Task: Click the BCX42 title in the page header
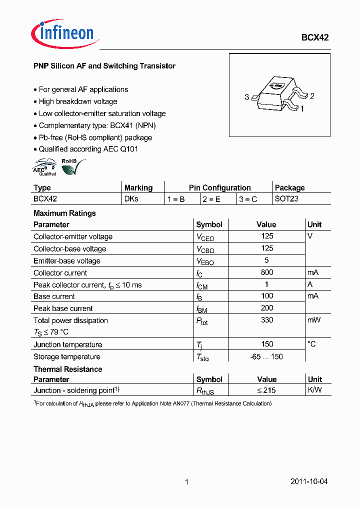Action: point(314,37)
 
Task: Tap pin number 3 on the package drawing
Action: point(246,97)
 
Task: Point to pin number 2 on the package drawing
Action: point(312,96)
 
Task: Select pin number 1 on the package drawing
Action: point(302,107)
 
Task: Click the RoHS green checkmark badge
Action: point(72,167)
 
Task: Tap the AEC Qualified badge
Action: point(45,167)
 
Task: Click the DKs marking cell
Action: point(131,199)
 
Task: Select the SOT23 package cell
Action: point(286,199)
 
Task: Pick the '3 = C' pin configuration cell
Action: point(248,199)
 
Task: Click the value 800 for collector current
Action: point(267,272)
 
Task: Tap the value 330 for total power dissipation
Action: point(267,320)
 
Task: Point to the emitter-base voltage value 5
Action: point(266,260)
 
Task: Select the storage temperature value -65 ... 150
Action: point(266,356)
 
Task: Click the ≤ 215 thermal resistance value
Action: point(266,390)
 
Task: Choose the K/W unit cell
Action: point(314,390)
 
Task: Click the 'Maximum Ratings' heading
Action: point(64,213)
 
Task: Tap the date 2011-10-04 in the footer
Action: point(309,481)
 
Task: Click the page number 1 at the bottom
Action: point(186,482)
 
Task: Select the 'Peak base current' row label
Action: point(63,308)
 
